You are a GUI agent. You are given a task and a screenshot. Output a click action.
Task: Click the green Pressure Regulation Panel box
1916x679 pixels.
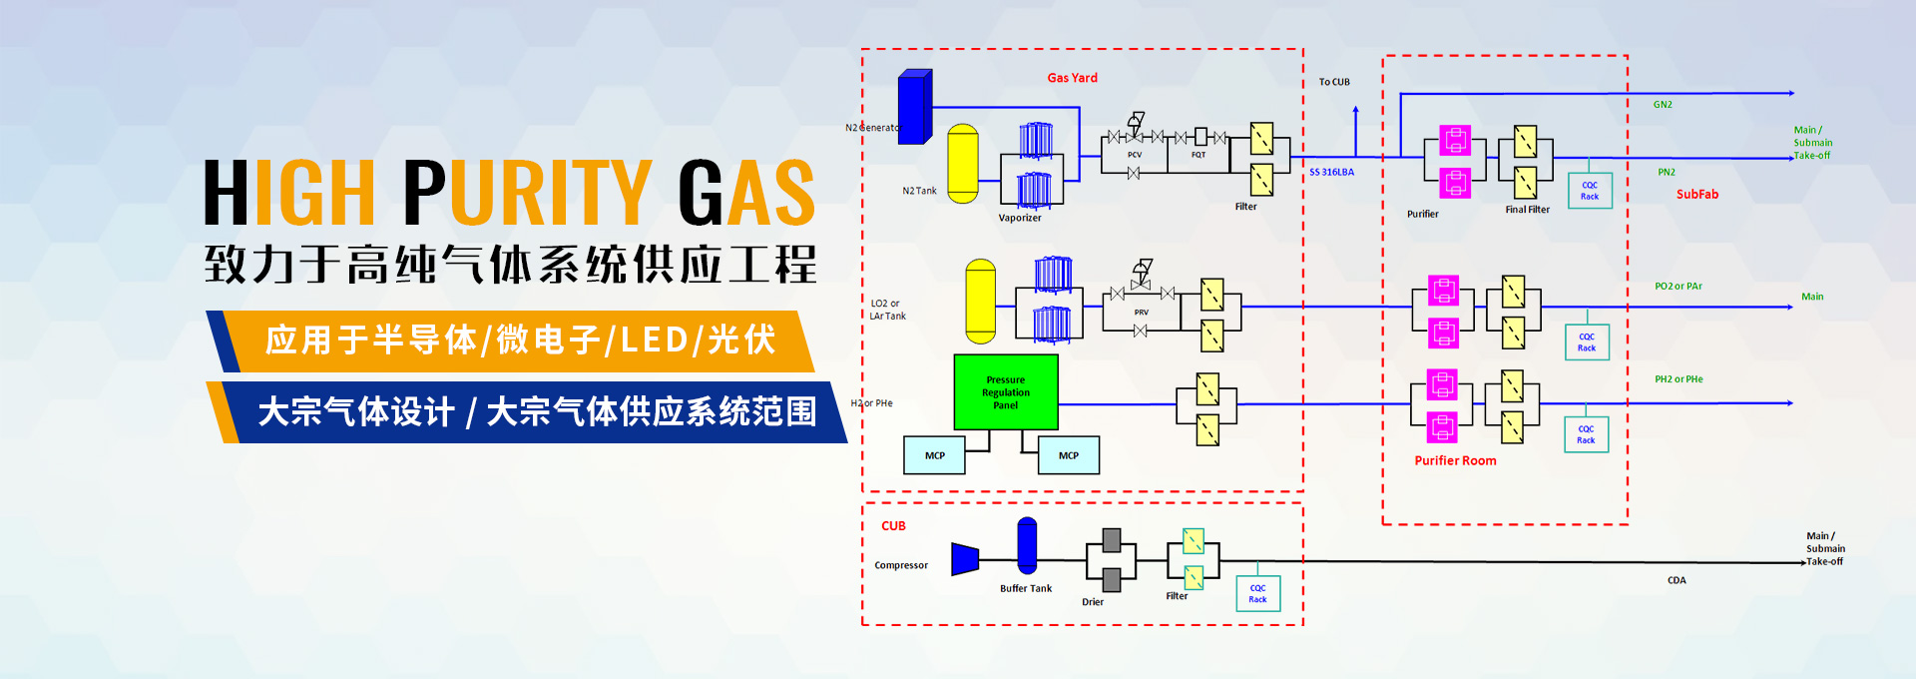[x=1005, y=392]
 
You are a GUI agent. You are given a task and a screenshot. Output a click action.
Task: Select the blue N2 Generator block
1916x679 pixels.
[x=914, y=106]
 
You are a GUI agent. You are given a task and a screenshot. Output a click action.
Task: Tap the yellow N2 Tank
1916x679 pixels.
[x=962, y=163]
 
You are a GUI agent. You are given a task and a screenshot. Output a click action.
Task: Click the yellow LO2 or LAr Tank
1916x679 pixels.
[x=980, y=300]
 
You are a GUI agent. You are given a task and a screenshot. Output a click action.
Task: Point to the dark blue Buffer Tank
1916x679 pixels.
[x=1027, y=545]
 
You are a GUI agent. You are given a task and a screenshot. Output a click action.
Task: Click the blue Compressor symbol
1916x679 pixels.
[x=964, y=559]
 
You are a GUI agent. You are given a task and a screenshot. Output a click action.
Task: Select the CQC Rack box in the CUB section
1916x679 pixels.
[x=1257, y=593]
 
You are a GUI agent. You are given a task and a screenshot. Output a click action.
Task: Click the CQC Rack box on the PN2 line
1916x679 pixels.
[x=1589, y=191]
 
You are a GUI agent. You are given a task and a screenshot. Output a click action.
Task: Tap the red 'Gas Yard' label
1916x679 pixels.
[x=1072, y=78]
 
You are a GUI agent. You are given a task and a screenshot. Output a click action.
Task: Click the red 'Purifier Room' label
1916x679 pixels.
[x=1455, y=460]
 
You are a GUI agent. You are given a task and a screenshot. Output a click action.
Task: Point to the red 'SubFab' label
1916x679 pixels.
[x=1696, y=195]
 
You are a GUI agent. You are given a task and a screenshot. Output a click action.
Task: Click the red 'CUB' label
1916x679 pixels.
[x=893, y=526]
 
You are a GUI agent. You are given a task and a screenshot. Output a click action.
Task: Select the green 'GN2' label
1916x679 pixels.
[x=1663, y=105]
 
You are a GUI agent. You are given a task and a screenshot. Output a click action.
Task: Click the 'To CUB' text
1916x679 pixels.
[x=1334, y=82]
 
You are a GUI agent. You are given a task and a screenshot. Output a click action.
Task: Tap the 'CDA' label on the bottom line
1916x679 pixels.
[x=1676, y=580]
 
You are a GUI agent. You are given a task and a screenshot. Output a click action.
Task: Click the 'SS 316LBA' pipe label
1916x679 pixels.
[x=1331, y=172]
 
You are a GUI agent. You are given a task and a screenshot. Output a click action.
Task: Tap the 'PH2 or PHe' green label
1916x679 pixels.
[x=1678, y=379]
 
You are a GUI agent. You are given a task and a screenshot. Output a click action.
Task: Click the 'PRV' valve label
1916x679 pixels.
[x=1141, y=313]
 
